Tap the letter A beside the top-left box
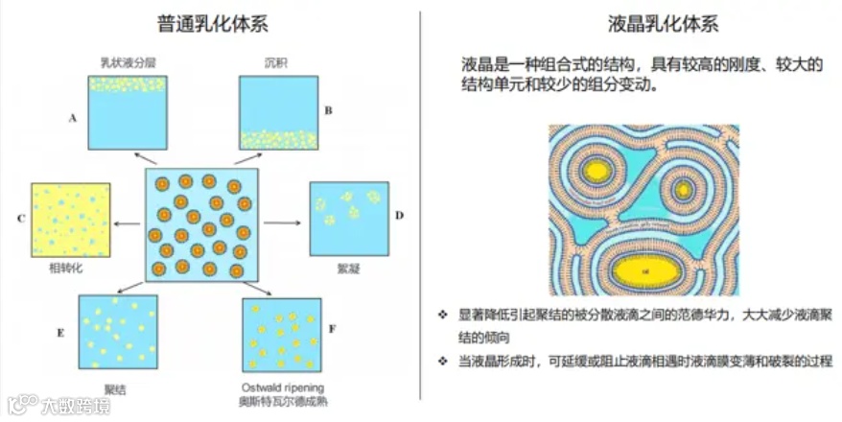coord(73,119)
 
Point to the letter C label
coord(20,219)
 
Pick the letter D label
coord(400,215)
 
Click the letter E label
coord(60,334)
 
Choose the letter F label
coord(332,329)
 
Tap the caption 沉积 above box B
coord(277,63)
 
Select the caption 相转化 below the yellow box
coord(66,269)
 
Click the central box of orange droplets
coord(202,224)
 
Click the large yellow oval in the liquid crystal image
coord(649,273)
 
